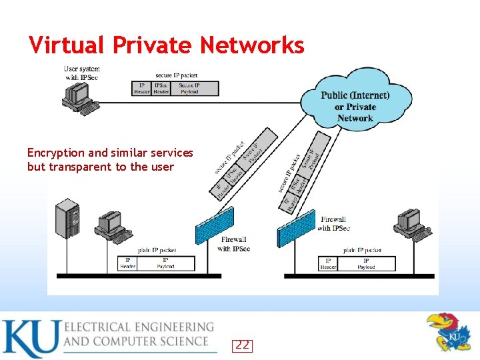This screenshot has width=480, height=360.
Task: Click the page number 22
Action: tap(243, 345)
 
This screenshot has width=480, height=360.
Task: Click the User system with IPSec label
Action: tap(81, 73)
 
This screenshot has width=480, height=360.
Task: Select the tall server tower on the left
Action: tap(67, 219)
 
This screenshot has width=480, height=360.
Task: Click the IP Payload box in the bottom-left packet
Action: tap(166, 263)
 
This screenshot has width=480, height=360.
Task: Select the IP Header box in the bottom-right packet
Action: tap(328, 264)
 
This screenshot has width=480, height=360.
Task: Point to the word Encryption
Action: tap(56, 153)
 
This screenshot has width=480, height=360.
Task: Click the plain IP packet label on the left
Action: tap(158, 251)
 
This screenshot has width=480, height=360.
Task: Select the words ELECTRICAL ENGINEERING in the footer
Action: tap(139, 327)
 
